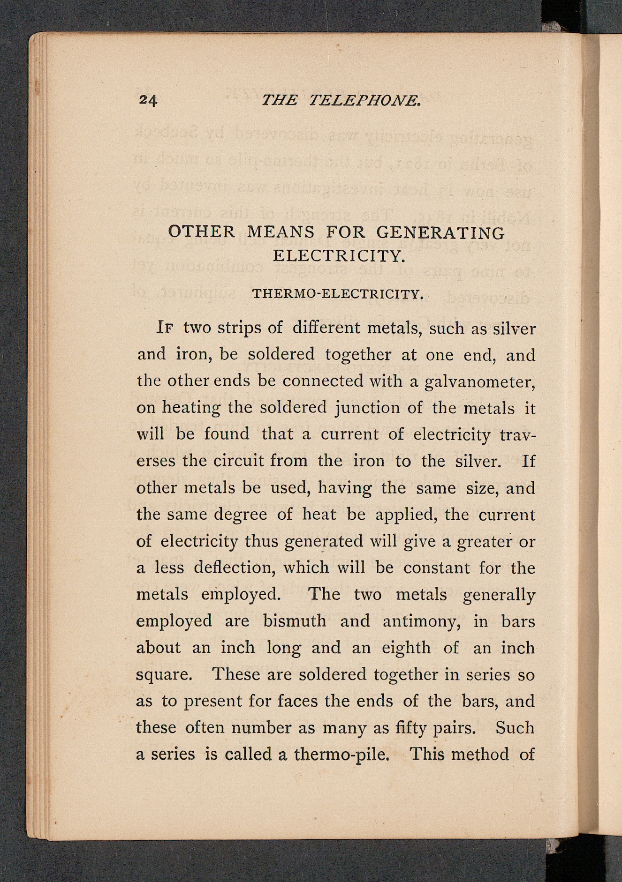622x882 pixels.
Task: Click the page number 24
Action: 148,100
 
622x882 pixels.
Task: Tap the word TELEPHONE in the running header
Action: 364,100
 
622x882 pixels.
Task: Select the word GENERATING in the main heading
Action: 440,232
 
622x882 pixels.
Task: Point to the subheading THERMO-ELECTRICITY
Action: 338,294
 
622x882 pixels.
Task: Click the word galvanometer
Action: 479,382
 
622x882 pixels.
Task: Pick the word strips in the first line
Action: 239,328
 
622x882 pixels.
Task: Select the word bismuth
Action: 295,621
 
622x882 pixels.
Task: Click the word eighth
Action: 406,648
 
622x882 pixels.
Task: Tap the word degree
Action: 240,515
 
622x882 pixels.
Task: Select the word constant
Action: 436,568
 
